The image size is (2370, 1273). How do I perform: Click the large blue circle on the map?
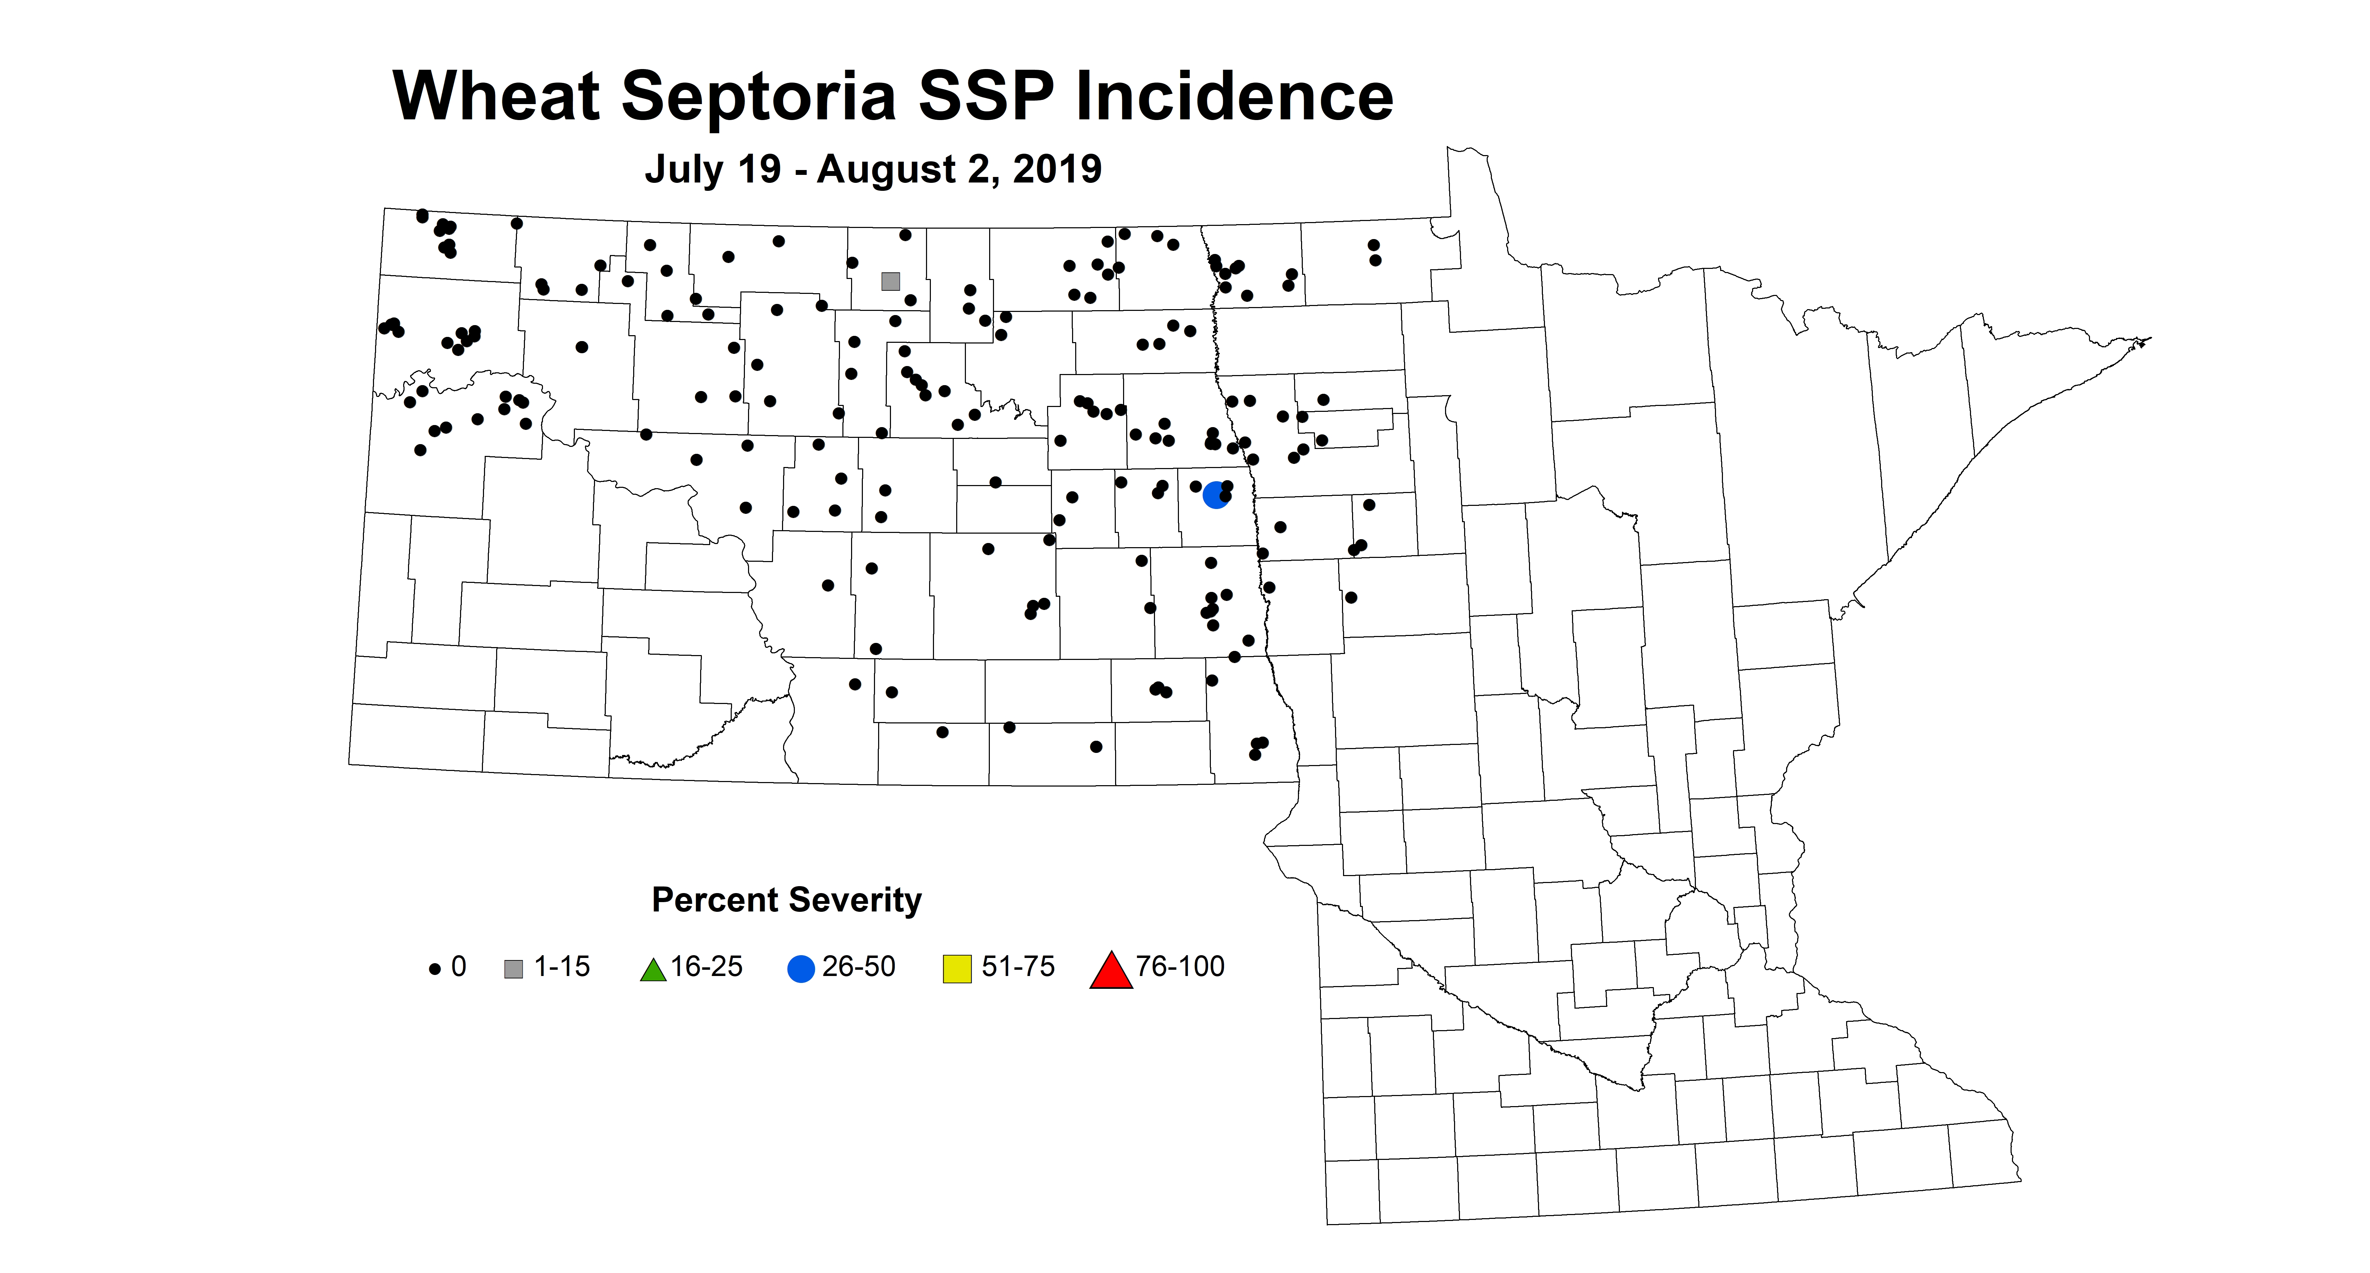pyautogui.click(x=1215, y=495)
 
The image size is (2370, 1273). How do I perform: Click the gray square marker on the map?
pyautogui.click(x=890, y=281)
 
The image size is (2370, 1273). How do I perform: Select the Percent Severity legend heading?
pyautogui.click(x=787, y=900)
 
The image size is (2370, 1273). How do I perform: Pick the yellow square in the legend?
pyautogui.click(x=957, y=969)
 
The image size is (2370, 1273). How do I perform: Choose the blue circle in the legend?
pyautogui.click(x=801, y=969)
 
